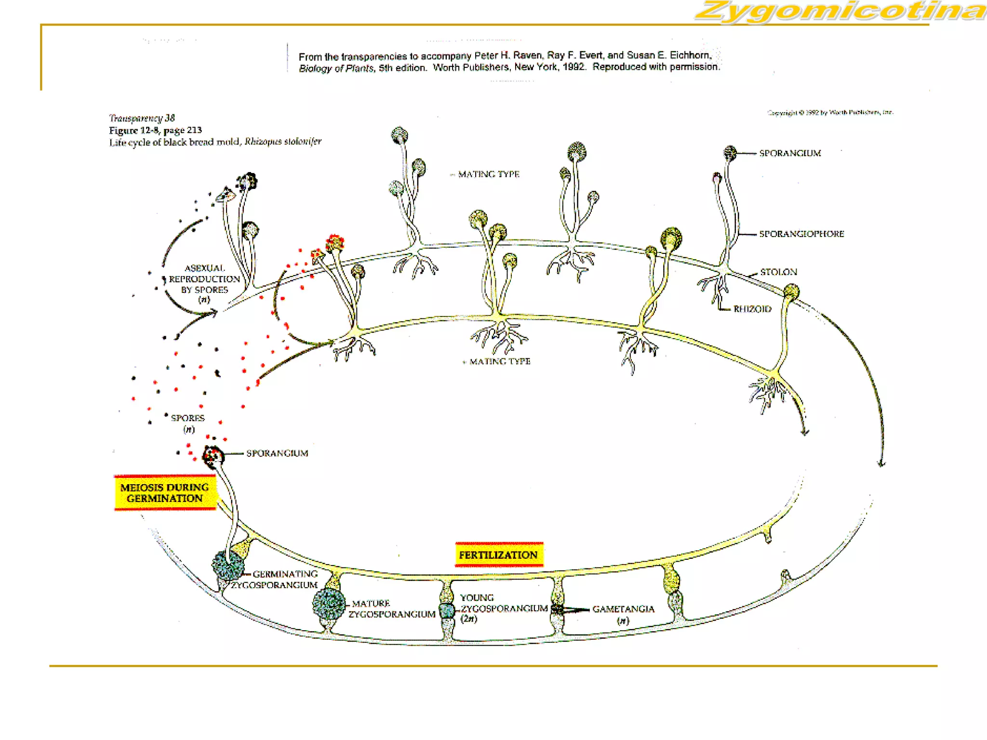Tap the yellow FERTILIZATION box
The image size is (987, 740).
point(498,555)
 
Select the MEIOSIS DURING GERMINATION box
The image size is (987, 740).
point(165,493)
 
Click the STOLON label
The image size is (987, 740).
point(778,272)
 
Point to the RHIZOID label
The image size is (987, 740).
point(752,309)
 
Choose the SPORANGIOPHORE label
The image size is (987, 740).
point(801,234)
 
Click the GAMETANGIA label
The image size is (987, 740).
point(623,609)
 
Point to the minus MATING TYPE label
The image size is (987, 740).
point(488,174)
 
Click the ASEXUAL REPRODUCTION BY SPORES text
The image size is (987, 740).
point(204,279)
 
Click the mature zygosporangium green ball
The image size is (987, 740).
point(329,604)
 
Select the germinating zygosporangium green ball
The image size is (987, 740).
point(228,565)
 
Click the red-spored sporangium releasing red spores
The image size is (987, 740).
point(334,243)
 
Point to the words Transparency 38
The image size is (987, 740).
point(142,118)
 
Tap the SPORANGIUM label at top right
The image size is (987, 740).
point(790,153)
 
